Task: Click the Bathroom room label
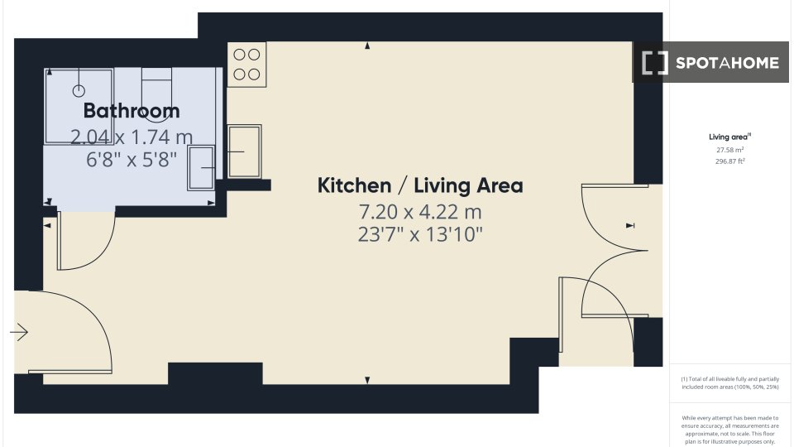point(132,110)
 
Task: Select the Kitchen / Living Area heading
point(420,185)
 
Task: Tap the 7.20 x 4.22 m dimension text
point(420,211)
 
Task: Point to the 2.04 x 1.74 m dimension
point(132,137)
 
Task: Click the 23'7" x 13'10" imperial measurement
point(420,234)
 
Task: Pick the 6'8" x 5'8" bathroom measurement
point(132,160)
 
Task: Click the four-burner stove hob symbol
point(246,65)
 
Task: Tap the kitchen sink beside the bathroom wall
point(245,151)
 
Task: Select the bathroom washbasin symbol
point(201,168)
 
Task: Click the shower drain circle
point(79,91)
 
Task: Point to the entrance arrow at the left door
point(19,333)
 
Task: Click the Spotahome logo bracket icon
point(655,63)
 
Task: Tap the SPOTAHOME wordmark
point(727,63)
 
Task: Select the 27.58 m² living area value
point(729,150)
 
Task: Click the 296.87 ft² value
point(729,161)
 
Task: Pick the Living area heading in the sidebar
point(729,137)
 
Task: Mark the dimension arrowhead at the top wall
point(367,46)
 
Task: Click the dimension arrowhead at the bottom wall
point(367,380)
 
